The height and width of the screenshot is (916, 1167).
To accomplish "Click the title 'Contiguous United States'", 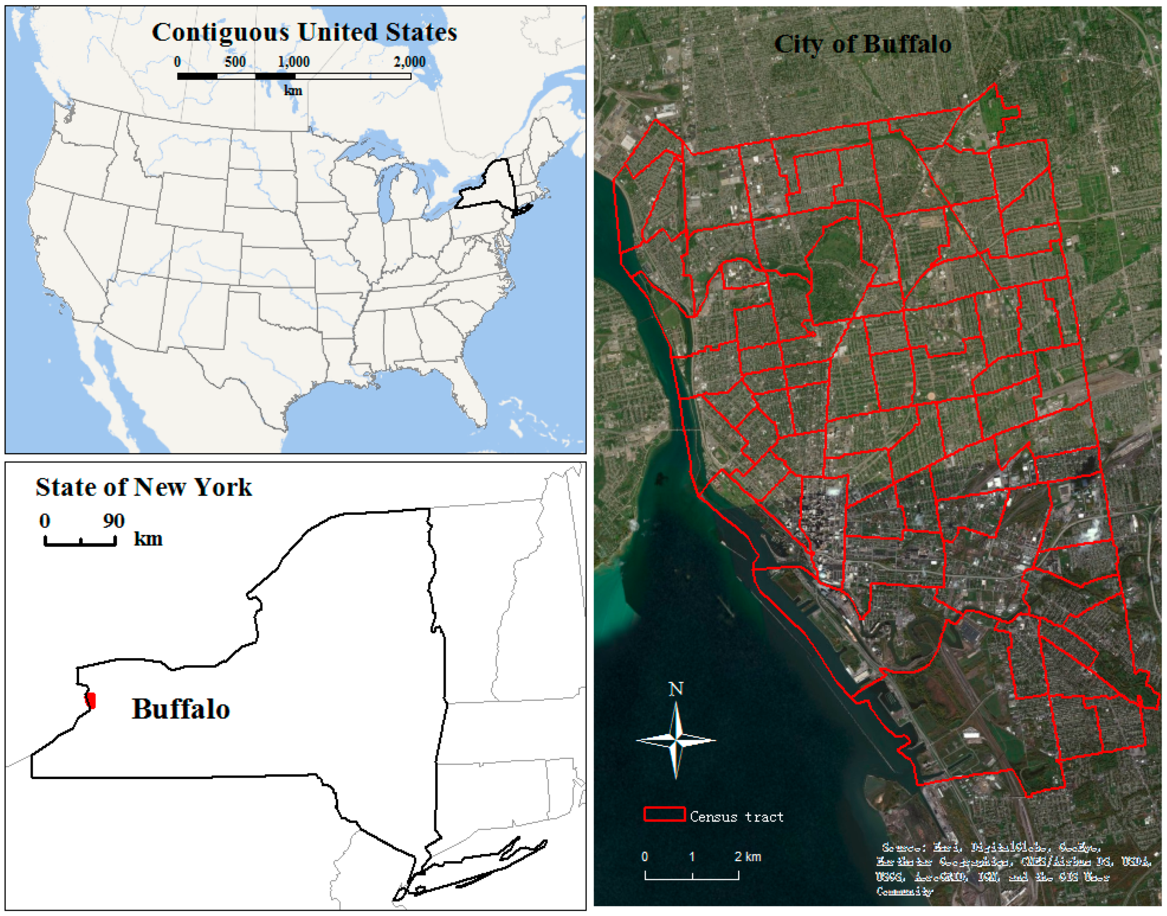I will (304, 32).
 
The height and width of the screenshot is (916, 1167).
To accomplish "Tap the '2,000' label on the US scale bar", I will (409, 62).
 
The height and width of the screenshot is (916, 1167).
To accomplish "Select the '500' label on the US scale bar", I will (235, 62).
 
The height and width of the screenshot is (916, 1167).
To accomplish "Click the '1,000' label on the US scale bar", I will (293, 62).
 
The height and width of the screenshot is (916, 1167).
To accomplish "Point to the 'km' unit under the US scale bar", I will (293, 90).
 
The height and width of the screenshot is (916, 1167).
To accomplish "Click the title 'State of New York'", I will (143, 487).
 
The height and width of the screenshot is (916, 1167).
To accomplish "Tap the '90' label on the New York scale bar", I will (114, 521).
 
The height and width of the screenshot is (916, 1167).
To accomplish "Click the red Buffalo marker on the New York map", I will (91, 700).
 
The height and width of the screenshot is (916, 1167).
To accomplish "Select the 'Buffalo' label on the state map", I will (181, 709).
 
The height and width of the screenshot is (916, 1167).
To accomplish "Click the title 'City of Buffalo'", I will (862, 44).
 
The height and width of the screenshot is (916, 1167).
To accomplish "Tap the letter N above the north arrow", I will (676, 689).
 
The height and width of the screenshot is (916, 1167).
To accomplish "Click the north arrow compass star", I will (676, 740).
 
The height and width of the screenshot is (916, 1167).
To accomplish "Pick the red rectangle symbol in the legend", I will (664, 814).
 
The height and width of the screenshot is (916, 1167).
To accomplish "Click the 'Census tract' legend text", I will (736, 817).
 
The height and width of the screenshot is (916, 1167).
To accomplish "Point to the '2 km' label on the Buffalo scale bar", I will (747, 857).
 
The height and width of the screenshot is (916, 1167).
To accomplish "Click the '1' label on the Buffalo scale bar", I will (692, 857).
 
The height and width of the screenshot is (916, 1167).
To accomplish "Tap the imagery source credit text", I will (1013, 869).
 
